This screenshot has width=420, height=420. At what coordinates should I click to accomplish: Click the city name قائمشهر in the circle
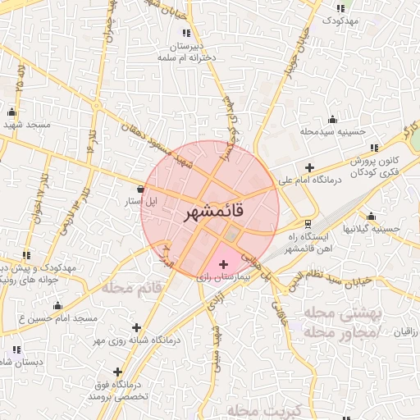pos(210,212)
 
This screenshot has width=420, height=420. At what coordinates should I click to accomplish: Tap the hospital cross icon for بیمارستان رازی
pos(224,264)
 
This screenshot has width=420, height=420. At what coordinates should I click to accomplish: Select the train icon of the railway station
pos(308,223)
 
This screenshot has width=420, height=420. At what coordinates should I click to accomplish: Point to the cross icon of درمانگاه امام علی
pos(308,167)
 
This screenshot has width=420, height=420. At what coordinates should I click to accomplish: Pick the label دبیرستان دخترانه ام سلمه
pos(185,53)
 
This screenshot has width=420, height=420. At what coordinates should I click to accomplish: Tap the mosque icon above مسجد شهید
pos(11,112)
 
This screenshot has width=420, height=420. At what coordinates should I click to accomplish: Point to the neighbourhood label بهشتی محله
pos(337,314)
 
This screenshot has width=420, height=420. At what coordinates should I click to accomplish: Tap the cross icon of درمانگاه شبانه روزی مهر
pos(136,327)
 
